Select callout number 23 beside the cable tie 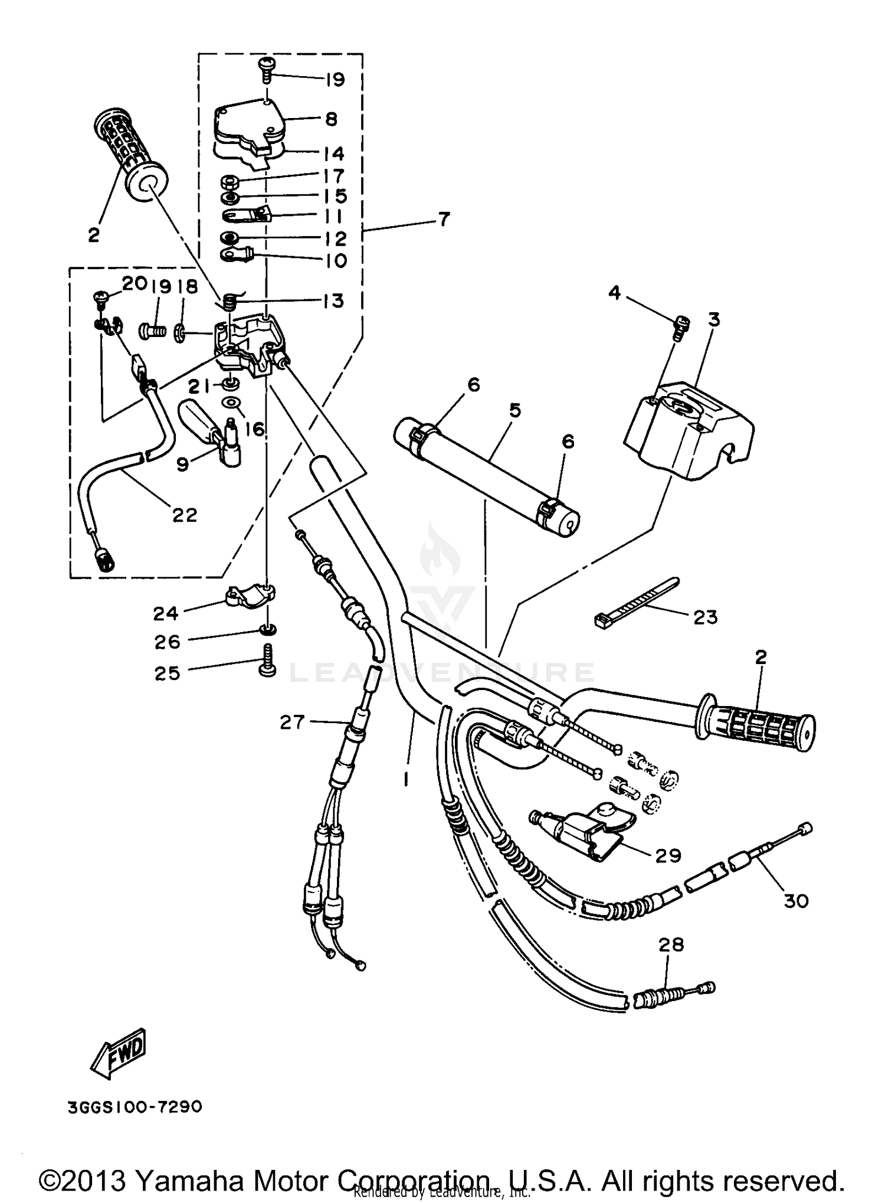705,617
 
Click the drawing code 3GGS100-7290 135,1106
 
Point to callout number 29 668,855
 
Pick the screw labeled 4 681,326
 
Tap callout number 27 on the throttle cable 292,722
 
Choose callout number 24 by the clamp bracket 166,614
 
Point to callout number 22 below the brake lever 184,515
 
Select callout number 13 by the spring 333,300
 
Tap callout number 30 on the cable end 796,901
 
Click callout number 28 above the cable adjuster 671,945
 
